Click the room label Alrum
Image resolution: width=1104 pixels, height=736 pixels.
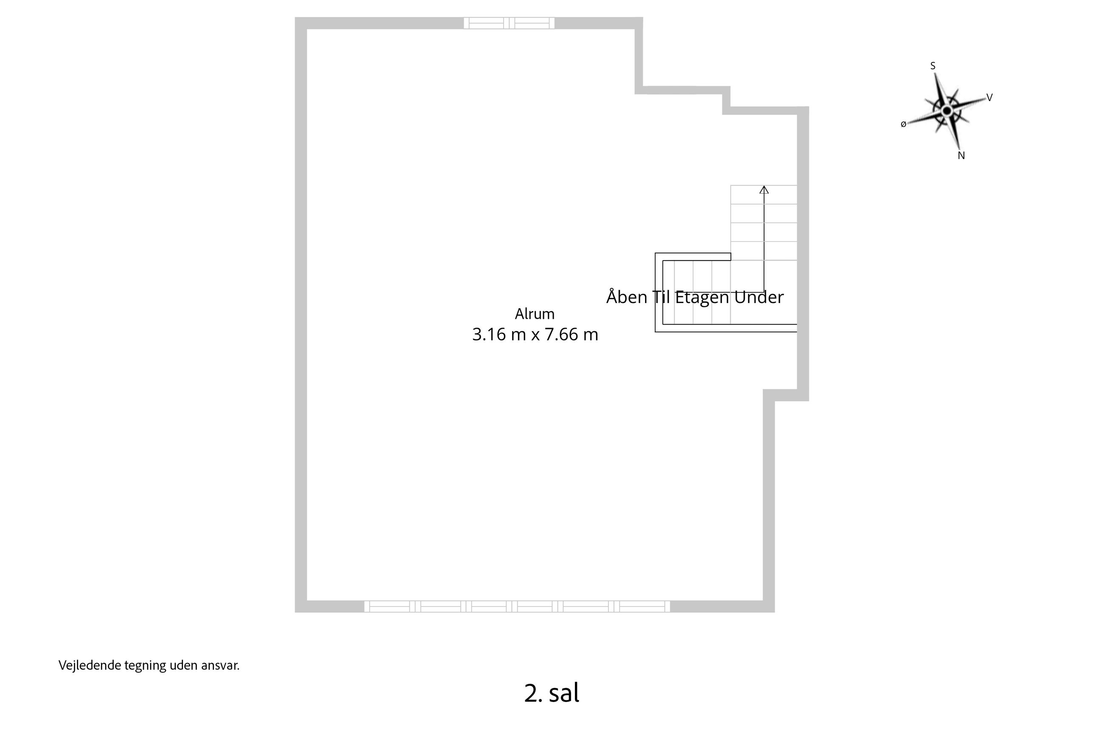click(535, 314)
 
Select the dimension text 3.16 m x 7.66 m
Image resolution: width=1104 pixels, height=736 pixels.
click(535, 334)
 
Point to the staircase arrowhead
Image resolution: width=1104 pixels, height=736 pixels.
click(764, 190)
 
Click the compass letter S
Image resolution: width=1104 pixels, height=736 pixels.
click(933, 66)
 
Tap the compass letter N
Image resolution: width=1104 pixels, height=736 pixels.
click(961, 156)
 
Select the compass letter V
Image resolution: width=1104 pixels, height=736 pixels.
click(989, 98)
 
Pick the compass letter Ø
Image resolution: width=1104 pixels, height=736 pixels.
click(903, 124)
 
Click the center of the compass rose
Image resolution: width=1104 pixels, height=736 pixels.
click(947, 111)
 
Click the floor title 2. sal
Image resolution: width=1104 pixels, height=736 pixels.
click(552, 693)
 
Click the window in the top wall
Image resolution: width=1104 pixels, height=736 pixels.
click(509, 23)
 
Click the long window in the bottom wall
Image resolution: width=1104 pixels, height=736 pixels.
click(517, 607)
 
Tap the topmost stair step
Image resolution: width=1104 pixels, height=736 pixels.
click(763, 195)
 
